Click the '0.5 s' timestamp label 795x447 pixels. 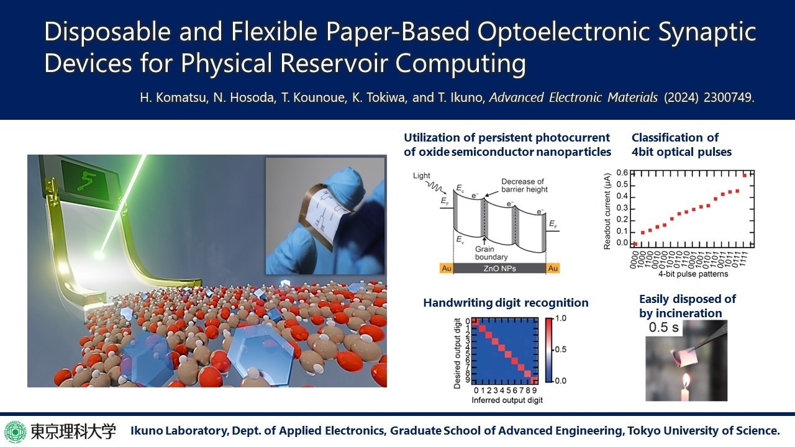click(664, 327)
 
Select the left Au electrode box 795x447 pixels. click(447, 268)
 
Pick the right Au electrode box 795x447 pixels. click(553, 268)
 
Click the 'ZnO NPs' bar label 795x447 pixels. click(500, 269)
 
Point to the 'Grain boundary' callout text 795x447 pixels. click(491, 253)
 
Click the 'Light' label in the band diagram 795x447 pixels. click(421, 176)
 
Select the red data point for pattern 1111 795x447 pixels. click(745, 175)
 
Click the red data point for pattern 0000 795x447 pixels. click(635, 244)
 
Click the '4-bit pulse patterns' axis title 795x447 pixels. click(693, 274)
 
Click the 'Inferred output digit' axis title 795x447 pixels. click(507, 400)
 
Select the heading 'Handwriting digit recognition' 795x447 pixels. click(506, 302)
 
